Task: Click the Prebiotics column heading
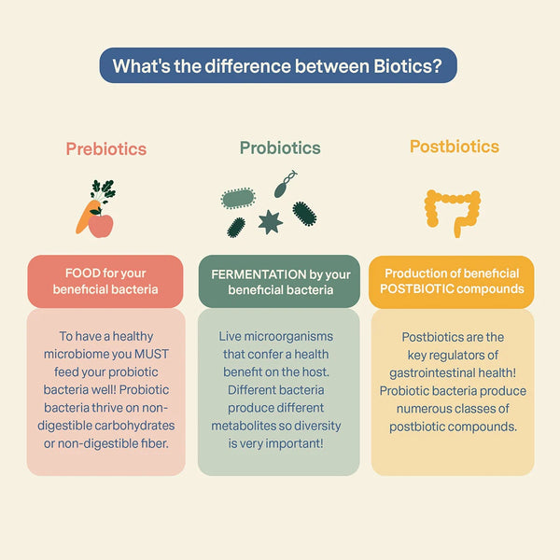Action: (105, 148)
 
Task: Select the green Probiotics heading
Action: (279, 147)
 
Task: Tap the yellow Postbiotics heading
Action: (454, 147)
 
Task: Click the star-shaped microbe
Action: (270, 221)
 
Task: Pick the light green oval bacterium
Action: (238, 197)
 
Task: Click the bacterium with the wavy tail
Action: (285, 183)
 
